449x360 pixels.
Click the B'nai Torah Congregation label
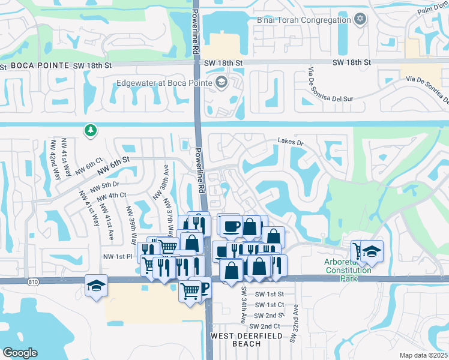coord(303,20)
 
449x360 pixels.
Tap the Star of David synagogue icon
coord(360,19)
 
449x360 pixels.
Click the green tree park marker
coord(90,130)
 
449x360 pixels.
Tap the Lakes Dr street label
coord(291,142)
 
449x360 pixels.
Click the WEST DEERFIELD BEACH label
coord(244,340)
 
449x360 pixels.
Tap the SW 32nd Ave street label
coord(294,323)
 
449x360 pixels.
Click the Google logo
coord(20,353)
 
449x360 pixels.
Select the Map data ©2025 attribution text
coord(423,355)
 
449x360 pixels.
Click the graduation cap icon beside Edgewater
coord(221,82)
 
